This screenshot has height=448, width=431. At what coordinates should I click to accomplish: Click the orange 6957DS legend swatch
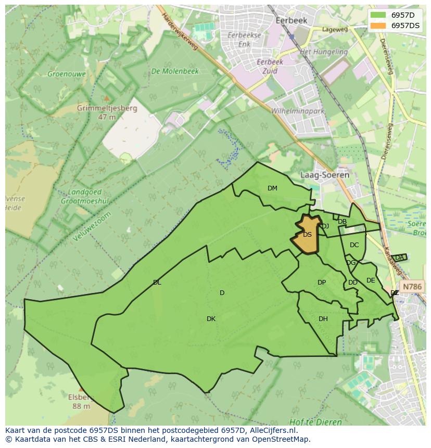(379, 25)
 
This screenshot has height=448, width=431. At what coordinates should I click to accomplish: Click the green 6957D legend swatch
(379, 15)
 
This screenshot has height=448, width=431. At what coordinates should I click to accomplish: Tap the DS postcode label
(307, 235)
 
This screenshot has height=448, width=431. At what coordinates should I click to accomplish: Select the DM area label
(272, 188)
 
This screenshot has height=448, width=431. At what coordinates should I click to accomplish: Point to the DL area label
(157, 283)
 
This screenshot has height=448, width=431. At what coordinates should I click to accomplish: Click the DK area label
(211, 319)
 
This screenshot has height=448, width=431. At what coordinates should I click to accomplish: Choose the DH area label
(323, 319)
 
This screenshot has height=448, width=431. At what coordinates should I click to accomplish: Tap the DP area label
(322, 283)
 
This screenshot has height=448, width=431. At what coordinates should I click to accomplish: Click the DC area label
(354, 245)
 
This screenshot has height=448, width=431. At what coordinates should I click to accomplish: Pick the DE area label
(371, 280)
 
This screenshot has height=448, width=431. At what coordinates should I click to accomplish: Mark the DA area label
(399, 258)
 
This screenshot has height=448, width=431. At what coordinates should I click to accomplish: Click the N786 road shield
(412, 287)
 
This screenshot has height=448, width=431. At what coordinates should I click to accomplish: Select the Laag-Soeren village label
(325, 175)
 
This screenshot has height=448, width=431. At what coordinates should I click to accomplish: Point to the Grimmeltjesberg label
(107, 109)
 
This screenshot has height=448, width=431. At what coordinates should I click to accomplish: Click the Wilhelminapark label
(298, 111)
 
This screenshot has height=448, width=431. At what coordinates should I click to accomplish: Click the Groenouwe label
(67, 74)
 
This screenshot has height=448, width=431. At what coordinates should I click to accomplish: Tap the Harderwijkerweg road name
(180, 32)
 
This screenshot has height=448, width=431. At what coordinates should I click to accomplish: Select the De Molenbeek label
(175, 71)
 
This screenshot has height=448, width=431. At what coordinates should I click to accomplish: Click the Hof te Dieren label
(316, 422)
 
